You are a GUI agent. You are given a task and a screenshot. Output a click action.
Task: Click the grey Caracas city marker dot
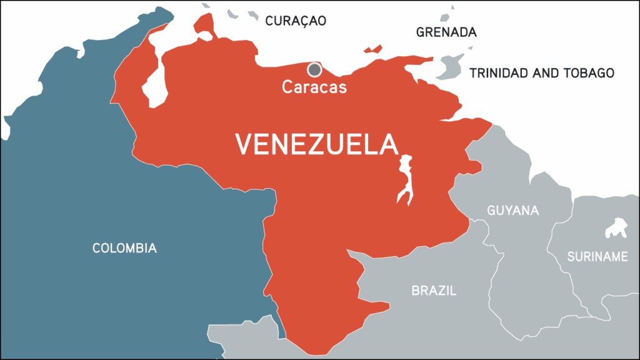314,69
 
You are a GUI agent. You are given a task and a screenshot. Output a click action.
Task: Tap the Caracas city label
314,87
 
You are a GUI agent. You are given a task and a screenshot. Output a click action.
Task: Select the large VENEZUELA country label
317,145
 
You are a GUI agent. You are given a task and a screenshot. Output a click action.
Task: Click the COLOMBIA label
124,248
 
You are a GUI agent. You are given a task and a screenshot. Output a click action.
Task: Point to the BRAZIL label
434,291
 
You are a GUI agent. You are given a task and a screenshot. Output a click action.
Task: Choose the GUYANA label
512,211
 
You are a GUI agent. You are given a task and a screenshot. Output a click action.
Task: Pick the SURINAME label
597,256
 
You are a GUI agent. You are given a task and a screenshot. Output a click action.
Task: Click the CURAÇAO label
296,21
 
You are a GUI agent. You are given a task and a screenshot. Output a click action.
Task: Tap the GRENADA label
446,32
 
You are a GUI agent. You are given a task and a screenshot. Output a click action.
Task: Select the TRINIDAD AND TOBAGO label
542,73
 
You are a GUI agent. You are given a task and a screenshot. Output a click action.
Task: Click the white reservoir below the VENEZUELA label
406,179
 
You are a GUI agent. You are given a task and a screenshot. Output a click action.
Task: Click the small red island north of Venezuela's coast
373,49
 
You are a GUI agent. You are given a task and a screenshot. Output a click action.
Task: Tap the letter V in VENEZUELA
244,145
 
